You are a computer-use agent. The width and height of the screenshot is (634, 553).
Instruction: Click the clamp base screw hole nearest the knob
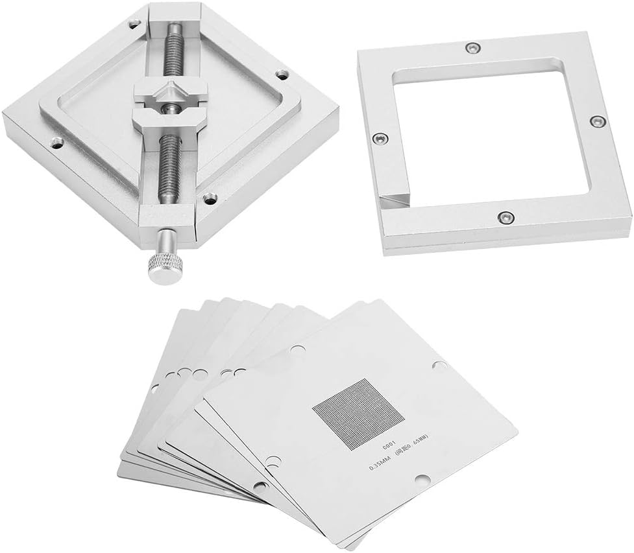[208, 199]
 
